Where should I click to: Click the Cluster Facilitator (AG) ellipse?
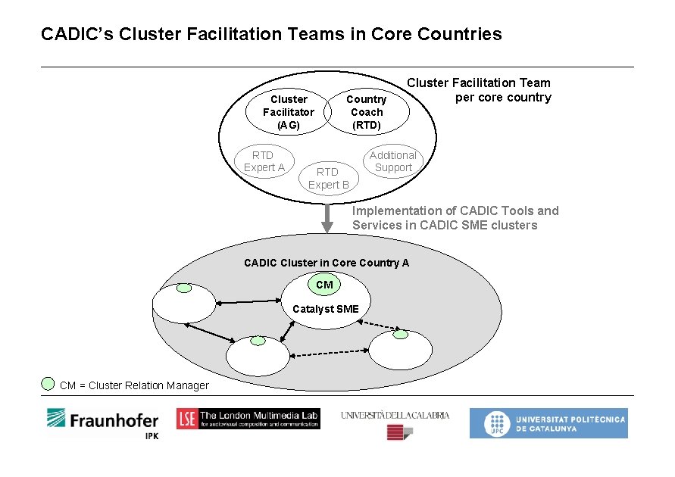click(289, 112)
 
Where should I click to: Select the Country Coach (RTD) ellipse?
click(366, 112)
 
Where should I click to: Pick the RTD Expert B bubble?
click(328, 178)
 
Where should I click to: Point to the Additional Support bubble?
click(392, 161)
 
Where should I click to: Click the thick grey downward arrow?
click(327, 217)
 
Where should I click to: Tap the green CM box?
click(324, 285)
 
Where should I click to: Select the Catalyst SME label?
click(325, 308)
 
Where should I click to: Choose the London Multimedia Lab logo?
click(248, 419)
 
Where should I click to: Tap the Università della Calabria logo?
click(395, 422)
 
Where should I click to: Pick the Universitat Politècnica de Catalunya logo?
click(548, 423)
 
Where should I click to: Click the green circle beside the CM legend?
click(48, 383)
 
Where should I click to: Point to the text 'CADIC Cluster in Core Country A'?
click(326, 263)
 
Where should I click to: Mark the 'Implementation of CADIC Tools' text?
click(455, 211)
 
